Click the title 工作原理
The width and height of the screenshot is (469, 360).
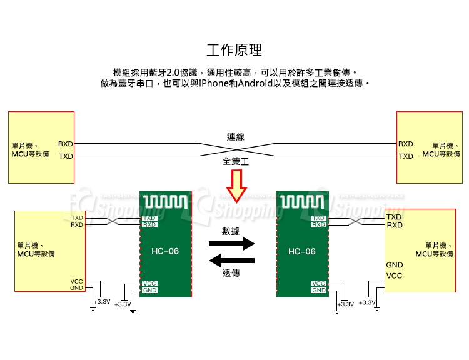pyautogui.click(x=234, y=50)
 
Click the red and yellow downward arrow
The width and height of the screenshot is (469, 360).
pyautogui.click(x=236, y=185)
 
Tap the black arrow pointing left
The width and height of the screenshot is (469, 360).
pyautogui.click(x=231, y=260)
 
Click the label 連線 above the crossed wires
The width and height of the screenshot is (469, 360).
pyautogui.click(x=235, y=136)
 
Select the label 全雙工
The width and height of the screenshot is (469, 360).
pyautogui.click(x=235, y=161)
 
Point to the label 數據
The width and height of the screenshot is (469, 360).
pyautogui.click(x=231, y=231)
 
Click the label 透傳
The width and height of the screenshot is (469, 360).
pyautogui.click(x=231, y=273)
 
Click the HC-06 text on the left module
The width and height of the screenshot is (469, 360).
pyautogui.click(x=165, y=252)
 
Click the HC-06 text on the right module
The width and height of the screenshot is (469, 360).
pyautogui.click(x=302, y=252)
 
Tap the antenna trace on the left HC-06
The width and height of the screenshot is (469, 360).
pyautogui.click(x=165, y=202)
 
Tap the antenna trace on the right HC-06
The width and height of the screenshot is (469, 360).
pyautogui.click(x=302, y=202)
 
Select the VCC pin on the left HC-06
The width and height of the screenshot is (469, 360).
pyautogui.click(x=149, y=284)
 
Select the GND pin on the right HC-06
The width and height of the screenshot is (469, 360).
pyautogui.click(x=319, y=291)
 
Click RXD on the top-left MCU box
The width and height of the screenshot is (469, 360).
pyautogui.click(x=66, y=144)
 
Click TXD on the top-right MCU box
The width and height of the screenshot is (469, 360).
pyautogui.click(x=406, y=156)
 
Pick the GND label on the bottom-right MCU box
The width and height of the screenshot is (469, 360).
pyautogui.click(x=395, y=265)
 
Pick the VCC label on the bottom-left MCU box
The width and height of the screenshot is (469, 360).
pyautogui.click(x=77, y=282)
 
